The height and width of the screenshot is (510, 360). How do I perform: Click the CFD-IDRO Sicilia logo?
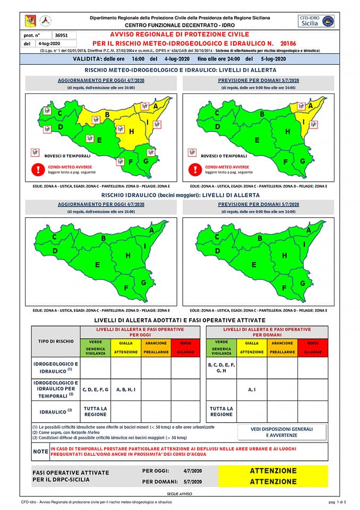point(316,21)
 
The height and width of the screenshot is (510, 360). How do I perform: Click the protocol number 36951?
point(61,35)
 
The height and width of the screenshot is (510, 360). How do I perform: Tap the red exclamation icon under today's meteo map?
point(38,169)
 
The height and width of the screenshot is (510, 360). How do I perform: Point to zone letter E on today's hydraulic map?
point(98,265)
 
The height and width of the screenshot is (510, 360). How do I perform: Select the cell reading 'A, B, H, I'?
point(126,389)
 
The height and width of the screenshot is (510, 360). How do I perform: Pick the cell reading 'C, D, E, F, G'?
point(96,389)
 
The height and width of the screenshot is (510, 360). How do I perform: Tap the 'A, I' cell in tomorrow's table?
point(252,389)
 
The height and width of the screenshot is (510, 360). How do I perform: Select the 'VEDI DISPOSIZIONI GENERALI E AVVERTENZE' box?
point(282,432)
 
